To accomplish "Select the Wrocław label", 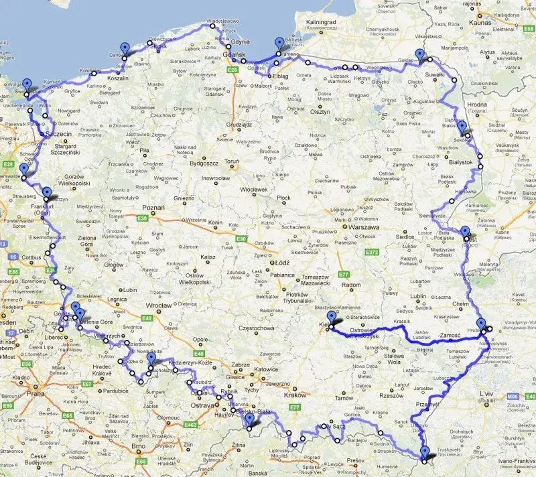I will [x=159, y=305].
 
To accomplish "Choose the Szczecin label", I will [x=59, y=125].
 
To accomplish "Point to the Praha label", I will [x=35, y=394].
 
